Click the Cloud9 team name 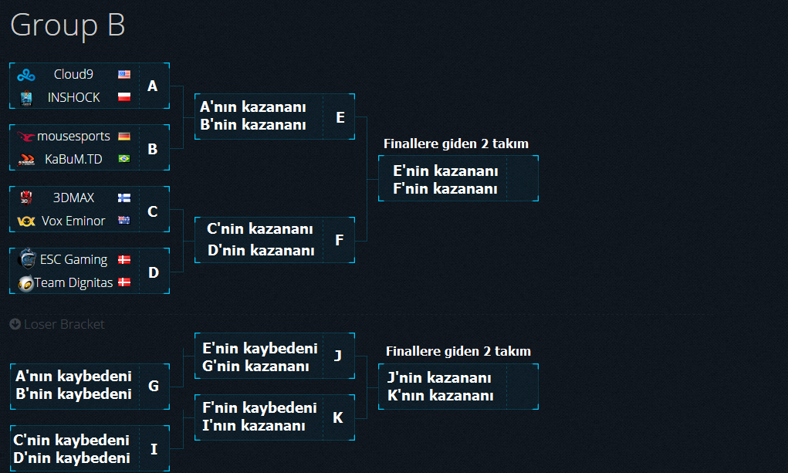point(73,74)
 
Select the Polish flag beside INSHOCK point(124,96)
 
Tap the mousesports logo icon point(25,137)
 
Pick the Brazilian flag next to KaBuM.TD point(124,159)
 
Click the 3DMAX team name point(73,198)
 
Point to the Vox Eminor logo point(26,221)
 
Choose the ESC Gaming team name point(73,260)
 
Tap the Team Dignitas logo point(25,283)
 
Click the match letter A point(152,86)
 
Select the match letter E point(340,117)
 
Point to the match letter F point(340,240)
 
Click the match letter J point(338,356)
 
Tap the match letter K point(338,417)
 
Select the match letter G point(154,386)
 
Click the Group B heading point(68,25)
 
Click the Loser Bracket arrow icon point(15,324)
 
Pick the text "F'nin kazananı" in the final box point(445,189)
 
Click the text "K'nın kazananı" point(440,396)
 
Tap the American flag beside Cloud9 point(124,74)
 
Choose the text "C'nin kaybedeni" point(71,441)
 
